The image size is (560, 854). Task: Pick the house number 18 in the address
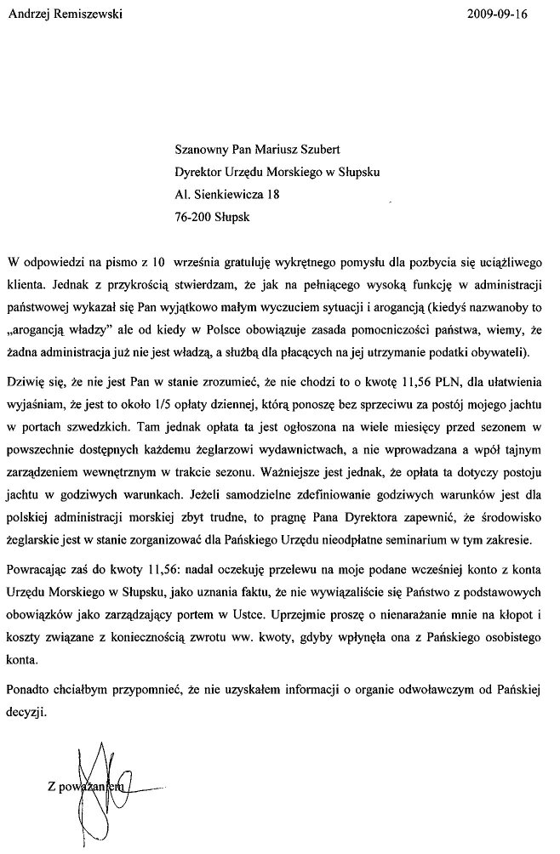click(273, 194)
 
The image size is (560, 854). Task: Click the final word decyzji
click(26, 714)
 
